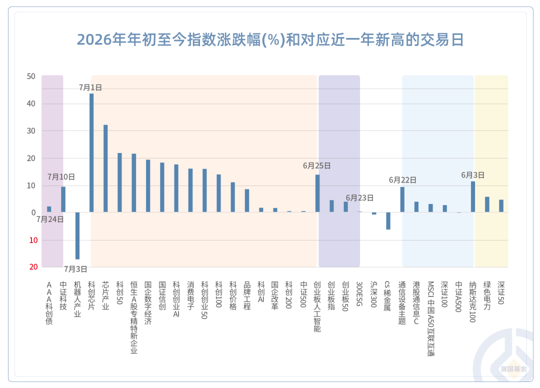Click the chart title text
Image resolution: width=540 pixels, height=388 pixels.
tap(270, 39)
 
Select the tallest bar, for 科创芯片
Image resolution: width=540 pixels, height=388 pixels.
tap(91, 152)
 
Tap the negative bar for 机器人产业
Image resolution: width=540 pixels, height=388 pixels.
tap(77, 235)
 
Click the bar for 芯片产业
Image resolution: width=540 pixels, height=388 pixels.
tap(105, 168)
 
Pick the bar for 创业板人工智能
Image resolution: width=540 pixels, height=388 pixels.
tap(317, 193)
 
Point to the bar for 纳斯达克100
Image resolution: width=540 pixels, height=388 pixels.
tap(473, 196)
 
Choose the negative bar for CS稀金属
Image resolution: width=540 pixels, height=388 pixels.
tap(388, 220)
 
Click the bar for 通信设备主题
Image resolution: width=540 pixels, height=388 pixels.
tap(402, 199)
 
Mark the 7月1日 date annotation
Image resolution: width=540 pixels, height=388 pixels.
tap(90, 87)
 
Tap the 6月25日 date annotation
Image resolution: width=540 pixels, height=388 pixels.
tap(317, 165)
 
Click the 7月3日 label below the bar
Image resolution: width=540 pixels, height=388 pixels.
tap(75, 269)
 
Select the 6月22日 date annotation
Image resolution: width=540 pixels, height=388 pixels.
tap(402, 179)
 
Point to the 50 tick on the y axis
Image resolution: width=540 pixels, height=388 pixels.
tap(31, 76)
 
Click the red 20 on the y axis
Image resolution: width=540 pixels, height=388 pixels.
tap(33, 267)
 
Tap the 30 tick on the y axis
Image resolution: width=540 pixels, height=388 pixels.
tap(31, 131)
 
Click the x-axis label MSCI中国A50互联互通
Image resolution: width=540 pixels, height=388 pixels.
tap(431, 319)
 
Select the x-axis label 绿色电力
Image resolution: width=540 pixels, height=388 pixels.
tap(487, 295)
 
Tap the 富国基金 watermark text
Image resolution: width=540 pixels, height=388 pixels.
tap(513, 369)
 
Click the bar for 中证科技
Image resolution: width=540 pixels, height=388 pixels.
tap(63, 199)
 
